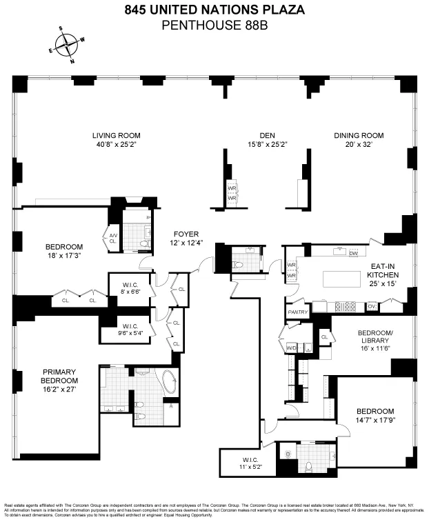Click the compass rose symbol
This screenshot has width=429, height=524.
[68, 45]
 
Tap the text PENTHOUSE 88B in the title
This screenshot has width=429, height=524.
[214, 26]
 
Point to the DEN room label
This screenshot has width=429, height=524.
[268, 135]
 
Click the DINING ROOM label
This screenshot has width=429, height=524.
[359, 135]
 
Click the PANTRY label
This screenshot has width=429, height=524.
[297, 312]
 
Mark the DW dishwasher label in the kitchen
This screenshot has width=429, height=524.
[352, 254]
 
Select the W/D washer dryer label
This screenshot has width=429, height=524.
[290, 348]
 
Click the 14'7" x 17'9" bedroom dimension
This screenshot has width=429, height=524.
[376, 419]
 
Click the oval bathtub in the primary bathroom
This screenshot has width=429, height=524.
[169, 383]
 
